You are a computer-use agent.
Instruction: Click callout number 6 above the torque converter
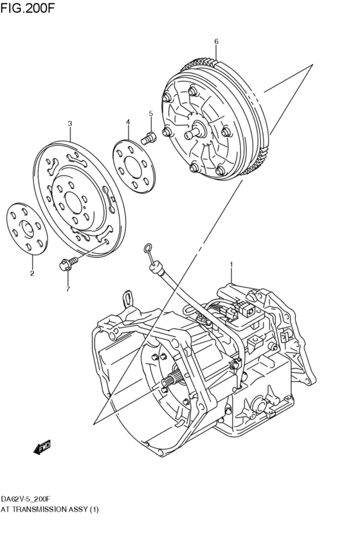point(216,42)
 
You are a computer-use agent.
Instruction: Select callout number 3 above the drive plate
point(70,123)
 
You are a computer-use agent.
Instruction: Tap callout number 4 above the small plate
point(128,121)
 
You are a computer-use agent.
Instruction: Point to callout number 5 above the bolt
point(150,114)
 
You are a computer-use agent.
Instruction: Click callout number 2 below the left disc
point(32,273)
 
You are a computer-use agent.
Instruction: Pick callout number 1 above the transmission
point(231,264)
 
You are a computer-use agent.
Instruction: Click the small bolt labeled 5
point(150,136)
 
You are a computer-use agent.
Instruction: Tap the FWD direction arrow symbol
point(43,447)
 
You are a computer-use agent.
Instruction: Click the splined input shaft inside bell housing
point(170,382)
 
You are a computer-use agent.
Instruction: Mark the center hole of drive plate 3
point(75,204)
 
